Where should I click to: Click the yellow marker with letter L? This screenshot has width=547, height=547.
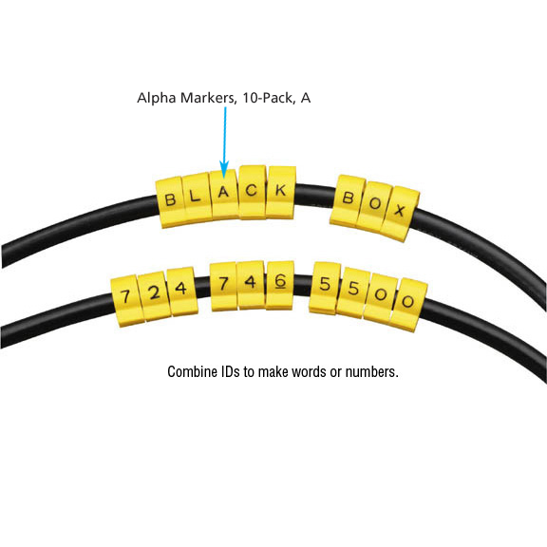click(197, 198)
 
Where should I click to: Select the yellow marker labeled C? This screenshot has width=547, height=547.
click(253, 192)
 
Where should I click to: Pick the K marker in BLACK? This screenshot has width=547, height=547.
click(281, 192)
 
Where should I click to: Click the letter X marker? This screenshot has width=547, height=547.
click(400, 214)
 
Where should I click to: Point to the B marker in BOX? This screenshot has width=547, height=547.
click(348, 200)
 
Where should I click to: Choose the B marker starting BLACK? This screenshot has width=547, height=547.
click(170, 202)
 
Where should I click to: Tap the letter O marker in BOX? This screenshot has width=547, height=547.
click(374, 206)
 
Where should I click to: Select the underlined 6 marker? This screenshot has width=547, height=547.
click(280, 285)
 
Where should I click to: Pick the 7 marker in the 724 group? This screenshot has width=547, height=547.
click(126, 300)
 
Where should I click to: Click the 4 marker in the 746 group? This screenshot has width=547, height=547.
click(251, 284)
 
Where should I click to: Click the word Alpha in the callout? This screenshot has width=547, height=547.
click(157, 98)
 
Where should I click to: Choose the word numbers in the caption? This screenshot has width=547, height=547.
click(372, 372)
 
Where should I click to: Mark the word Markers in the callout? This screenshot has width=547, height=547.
click(209, 98)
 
